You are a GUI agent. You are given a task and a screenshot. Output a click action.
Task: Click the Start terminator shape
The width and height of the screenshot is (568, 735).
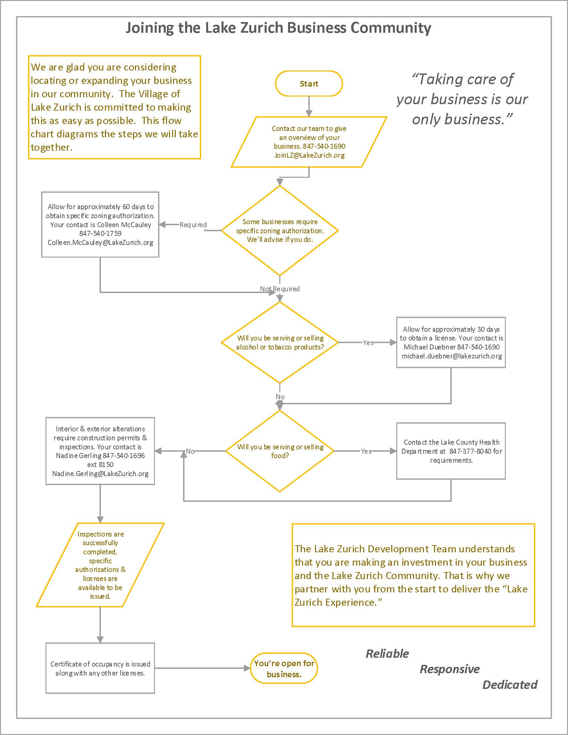pyautogui.click(x=309, y=84)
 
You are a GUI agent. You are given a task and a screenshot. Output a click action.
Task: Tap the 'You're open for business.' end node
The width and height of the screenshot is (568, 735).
pyautogui.click(x=284, y=669)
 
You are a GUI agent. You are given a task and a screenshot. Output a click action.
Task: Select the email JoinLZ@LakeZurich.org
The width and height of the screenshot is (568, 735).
pyautogui.click(x=309, y=155)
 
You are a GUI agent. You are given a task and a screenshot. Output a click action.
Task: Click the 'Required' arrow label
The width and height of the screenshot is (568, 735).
pyautogui.click(x=193, y=225)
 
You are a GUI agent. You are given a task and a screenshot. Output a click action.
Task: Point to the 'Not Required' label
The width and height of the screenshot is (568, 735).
pyautogui.click(x=280, y=289)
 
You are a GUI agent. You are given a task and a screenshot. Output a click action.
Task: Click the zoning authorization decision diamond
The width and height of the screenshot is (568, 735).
pyautogui.click(x=280, y=231)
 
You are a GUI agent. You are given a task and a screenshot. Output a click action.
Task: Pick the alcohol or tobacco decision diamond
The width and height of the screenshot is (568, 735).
pyautogui.click(x=280, y=342)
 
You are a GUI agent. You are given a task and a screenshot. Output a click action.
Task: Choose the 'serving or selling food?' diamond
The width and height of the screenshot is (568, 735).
pyautogui.click(x=280, y=451)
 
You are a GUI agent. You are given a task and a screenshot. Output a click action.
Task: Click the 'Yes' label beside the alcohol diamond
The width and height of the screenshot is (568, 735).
pyautogui.click(x=368, y=342)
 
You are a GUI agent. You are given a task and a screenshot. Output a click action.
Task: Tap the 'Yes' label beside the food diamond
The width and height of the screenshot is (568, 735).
pyautogui.click(x=366, y=451)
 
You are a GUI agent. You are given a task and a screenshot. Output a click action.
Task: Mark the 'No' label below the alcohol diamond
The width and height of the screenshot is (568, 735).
pyautogui.click(x=280, y=397)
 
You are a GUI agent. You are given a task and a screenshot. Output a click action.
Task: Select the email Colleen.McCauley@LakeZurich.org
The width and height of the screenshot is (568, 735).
pyautogui.click(x=100, y=242)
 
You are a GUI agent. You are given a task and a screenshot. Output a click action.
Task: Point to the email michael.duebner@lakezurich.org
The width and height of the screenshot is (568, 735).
pyautogui.click(x=452, y=356)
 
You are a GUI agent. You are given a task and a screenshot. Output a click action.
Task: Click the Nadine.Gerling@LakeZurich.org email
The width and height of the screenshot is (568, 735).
pyautogui.click(x=100, y=473)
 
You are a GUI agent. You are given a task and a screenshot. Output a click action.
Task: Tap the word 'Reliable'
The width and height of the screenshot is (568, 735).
pyautogui.click(x=387, y=653)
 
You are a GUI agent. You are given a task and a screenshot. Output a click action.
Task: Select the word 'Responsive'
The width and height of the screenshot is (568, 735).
pyautogui.click(x=449, y=669)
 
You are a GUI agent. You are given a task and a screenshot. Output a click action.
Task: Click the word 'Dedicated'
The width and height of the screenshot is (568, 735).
pyautogui.click(x=510, y=685)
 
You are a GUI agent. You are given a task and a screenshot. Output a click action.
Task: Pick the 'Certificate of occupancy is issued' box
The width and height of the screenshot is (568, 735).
pyautogui.click(x=100, y=669)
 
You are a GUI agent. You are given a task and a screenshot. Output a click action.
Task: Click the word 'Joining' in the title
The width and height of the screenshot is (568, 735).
pyautogui.click(x=150, y=28)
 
